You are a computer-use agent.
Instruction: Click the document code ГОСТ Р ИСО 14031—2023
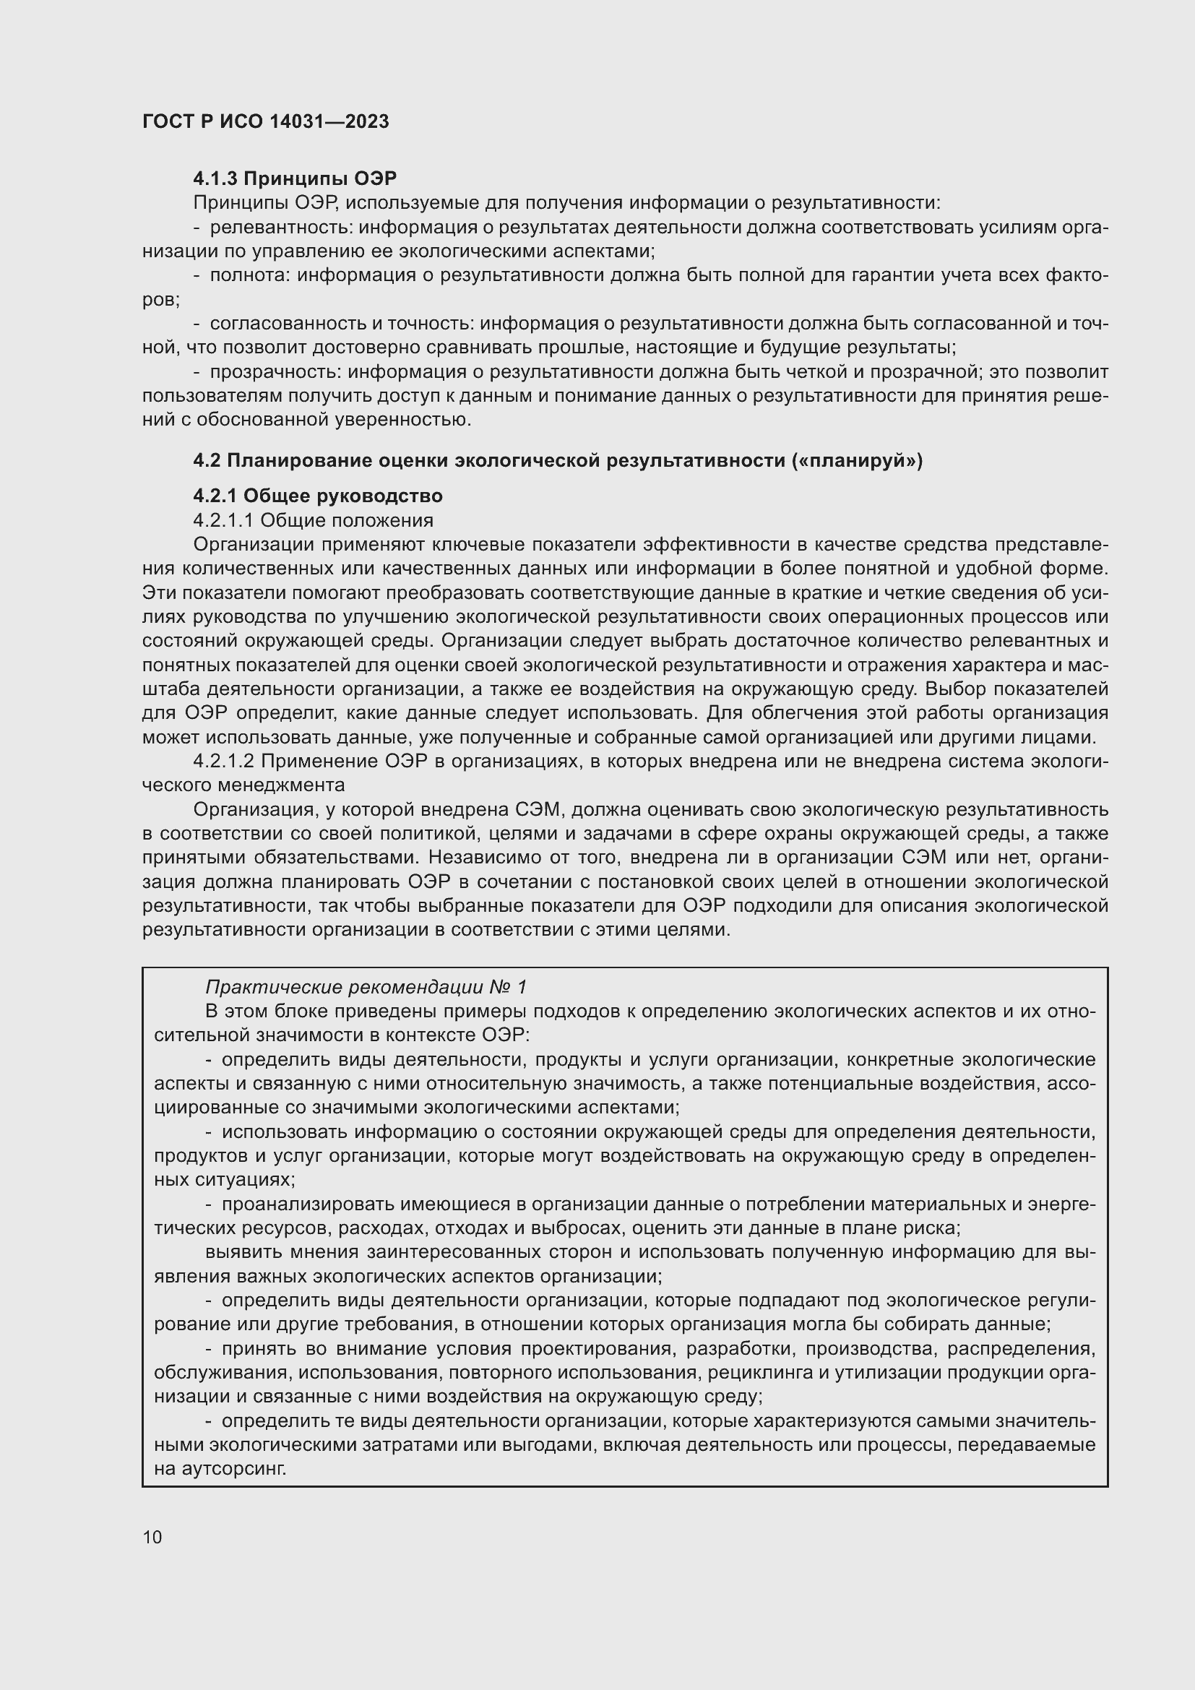[x=265, y=121]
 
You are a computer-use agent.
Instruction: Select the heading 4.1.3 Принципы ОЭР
[x=294, y=178]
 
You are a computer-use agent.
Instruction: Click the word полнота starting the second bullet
[x=251, y=275]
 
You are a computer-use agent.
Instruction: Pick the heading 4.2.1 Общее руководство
[x=317, y=496]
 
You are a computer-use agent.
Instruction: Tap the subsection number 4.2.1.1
[x=223, y=520]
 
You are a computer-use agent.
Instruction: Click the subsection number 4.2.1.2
[x=223, y=760]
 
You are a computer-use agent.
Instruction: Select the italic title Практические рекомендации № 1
[x=366, y=987]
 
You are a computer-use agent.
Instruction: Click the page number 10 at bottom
[x=152, y=1537]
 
